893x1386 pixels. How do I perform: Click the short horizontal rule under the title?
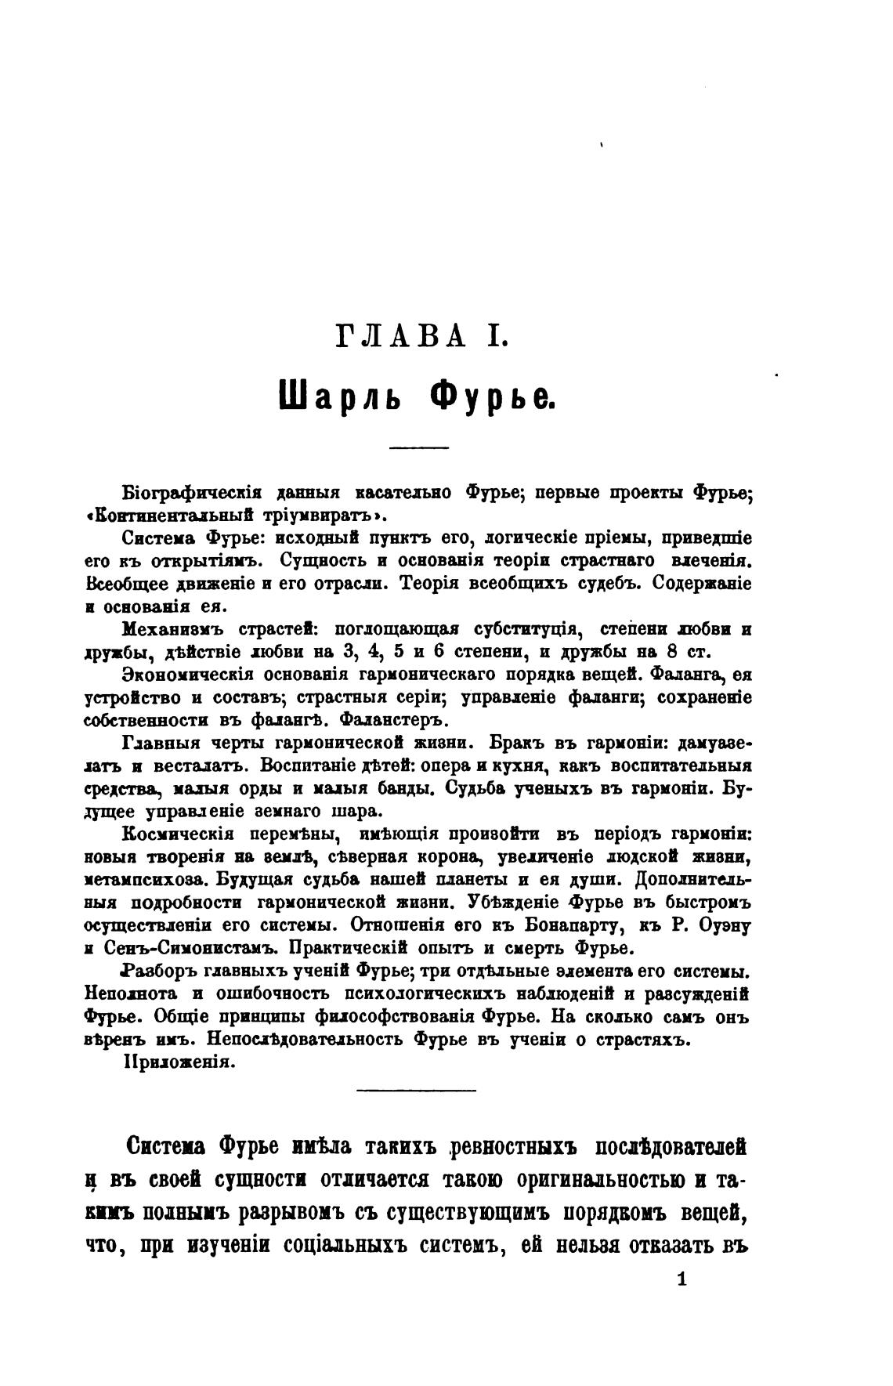[x=418, y=447]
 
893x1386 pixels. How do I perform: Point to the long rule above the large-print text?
[x=416, y=1090]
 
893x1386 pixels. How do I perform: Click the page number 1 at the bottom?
[x=681, y=1280]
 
